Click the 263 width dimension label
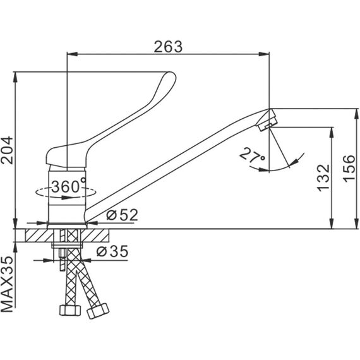(x=168, y=47)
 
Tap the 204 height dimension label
(x=7, y=150)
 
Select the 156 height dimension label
(x=349, y=169)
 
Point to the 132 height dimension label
(x=323, y=177)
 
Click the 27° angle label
(x=252, y=155)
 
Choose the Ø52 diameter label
(x=122, y=215)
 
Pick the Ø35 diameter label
(x=112, y=251)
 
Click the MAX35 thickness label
(x=7, y=284)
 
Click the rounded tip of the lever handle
(x=171, y=76)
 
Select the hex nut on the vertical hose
(x=70, y=310)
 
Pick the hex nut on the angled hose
(x=98, y=311)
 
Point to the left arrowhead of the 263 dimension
(x=72, y=54)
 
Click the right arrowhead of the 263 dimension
(x=264, y=54)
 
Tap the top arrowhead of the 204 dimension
(x=15, y=78)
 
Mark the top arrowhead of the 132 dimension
(x=332, y=132)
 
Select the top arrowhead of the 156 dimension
(x=357, y=114)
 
